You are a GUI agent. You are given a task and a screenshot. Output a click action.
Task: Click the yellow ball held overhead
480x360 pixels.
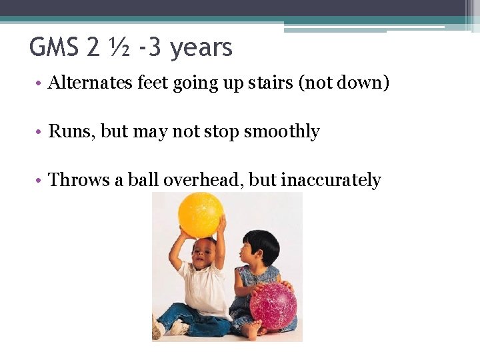200,215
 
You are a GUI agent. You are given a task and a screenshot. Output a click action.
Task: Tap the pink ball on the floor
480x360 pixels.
273,306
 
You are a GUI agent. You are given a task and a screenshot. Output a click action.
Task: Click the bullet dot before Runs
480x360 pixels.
40,132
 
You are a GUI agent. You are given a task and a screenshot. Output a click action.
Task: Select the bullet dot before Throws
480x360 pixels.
40,181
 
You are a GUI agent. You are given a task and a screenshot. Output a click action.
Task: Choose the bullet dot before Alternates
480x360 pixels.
40,84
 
